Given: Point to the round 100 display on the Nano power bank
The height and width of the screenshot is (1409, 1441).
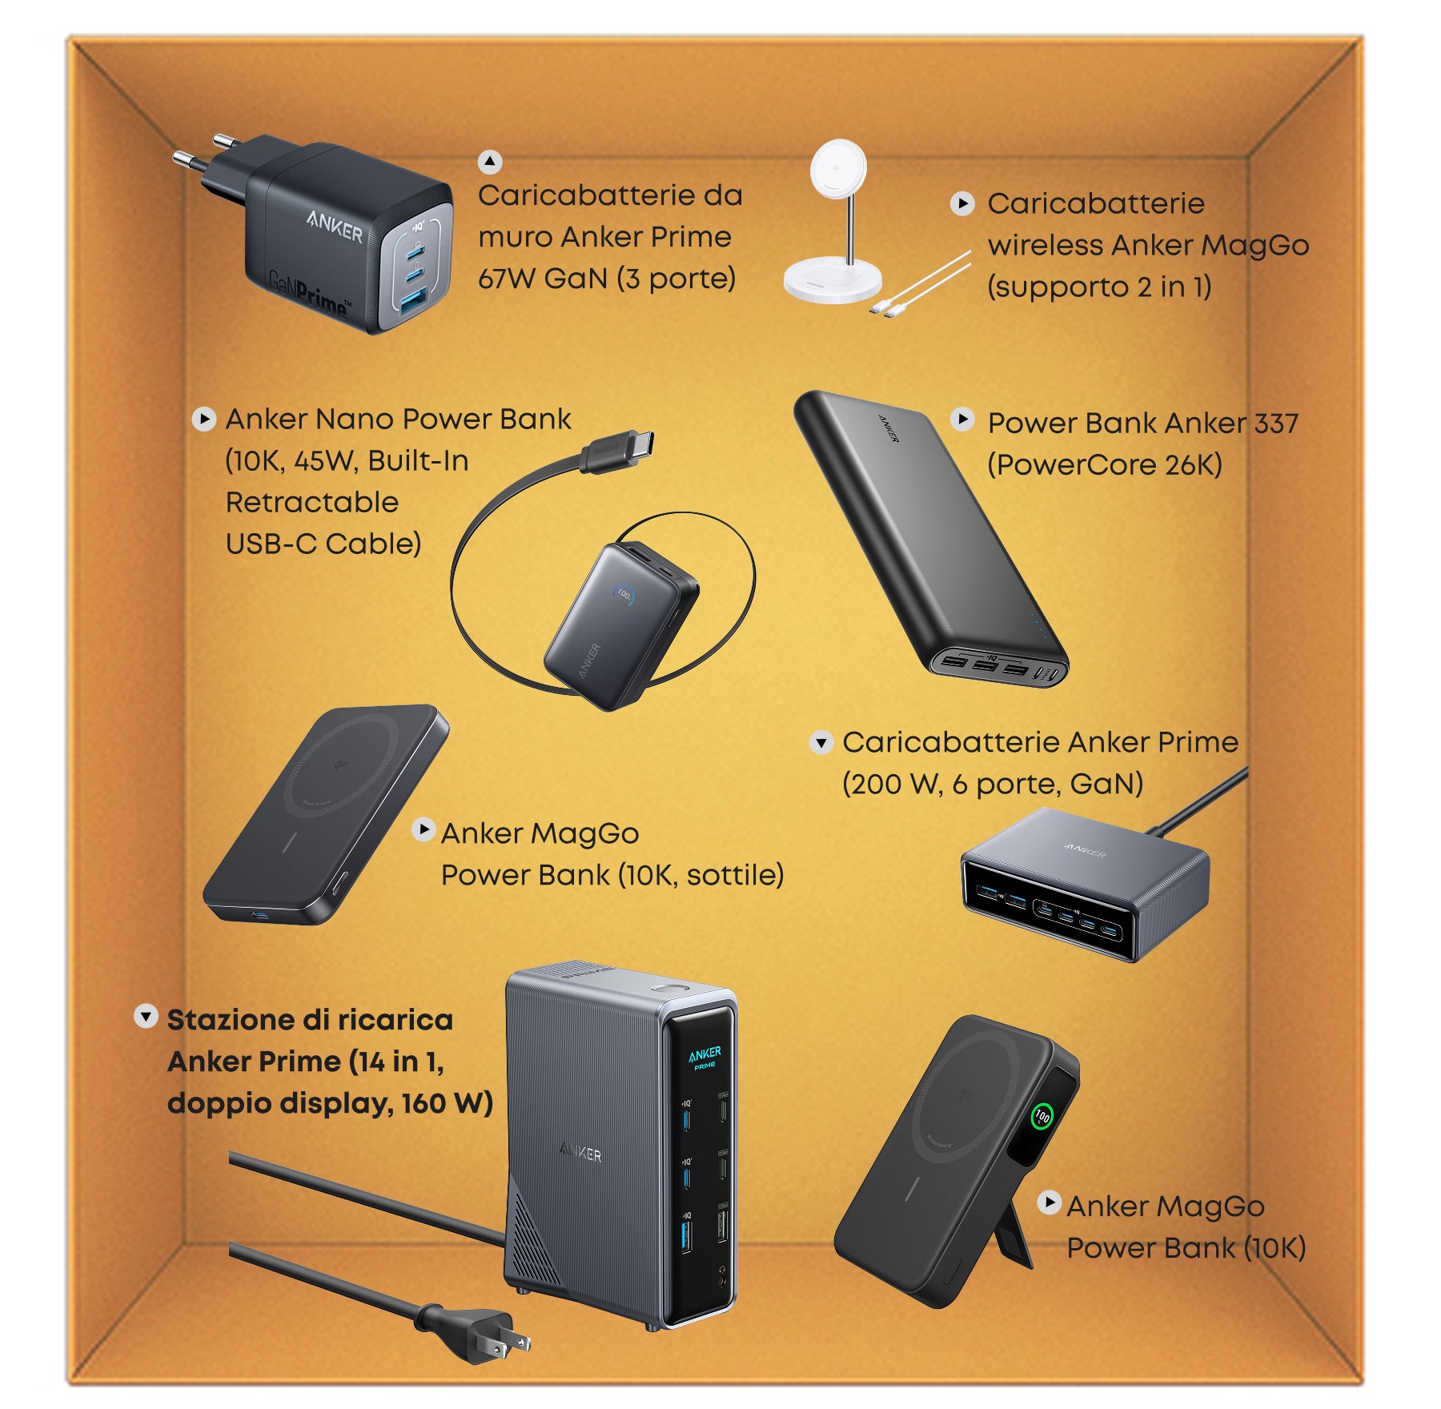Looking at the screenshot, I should point(624,595).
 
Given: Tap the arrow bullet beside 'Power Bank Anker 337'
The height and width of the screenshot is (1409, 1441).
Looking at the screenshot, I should point(961,419).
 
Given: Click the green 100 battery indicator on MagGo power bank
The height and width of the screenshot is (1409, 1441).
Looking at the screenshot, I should point(1042,1116).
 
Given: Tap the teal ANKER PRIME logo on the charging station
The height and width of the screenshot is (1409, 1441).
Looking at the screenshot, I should point(704,1057).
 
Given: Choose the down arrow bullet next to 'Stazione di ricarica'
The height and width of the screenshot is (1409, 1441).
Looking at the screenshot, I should point(145,1017).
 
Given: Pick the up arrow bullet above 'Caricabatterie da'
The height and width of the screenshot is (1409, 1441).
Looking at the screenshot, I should point(490,163).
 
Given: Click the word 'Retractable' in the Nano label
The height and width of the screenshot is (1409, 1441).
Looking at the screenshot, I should point(312,503).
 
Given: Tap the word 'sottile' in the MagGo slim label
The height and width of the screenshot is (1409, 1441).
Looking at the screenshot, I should point(733,875).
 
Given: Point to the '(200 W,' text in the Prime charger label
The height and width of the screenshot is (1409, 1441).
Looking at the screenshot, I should point(891,784).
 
